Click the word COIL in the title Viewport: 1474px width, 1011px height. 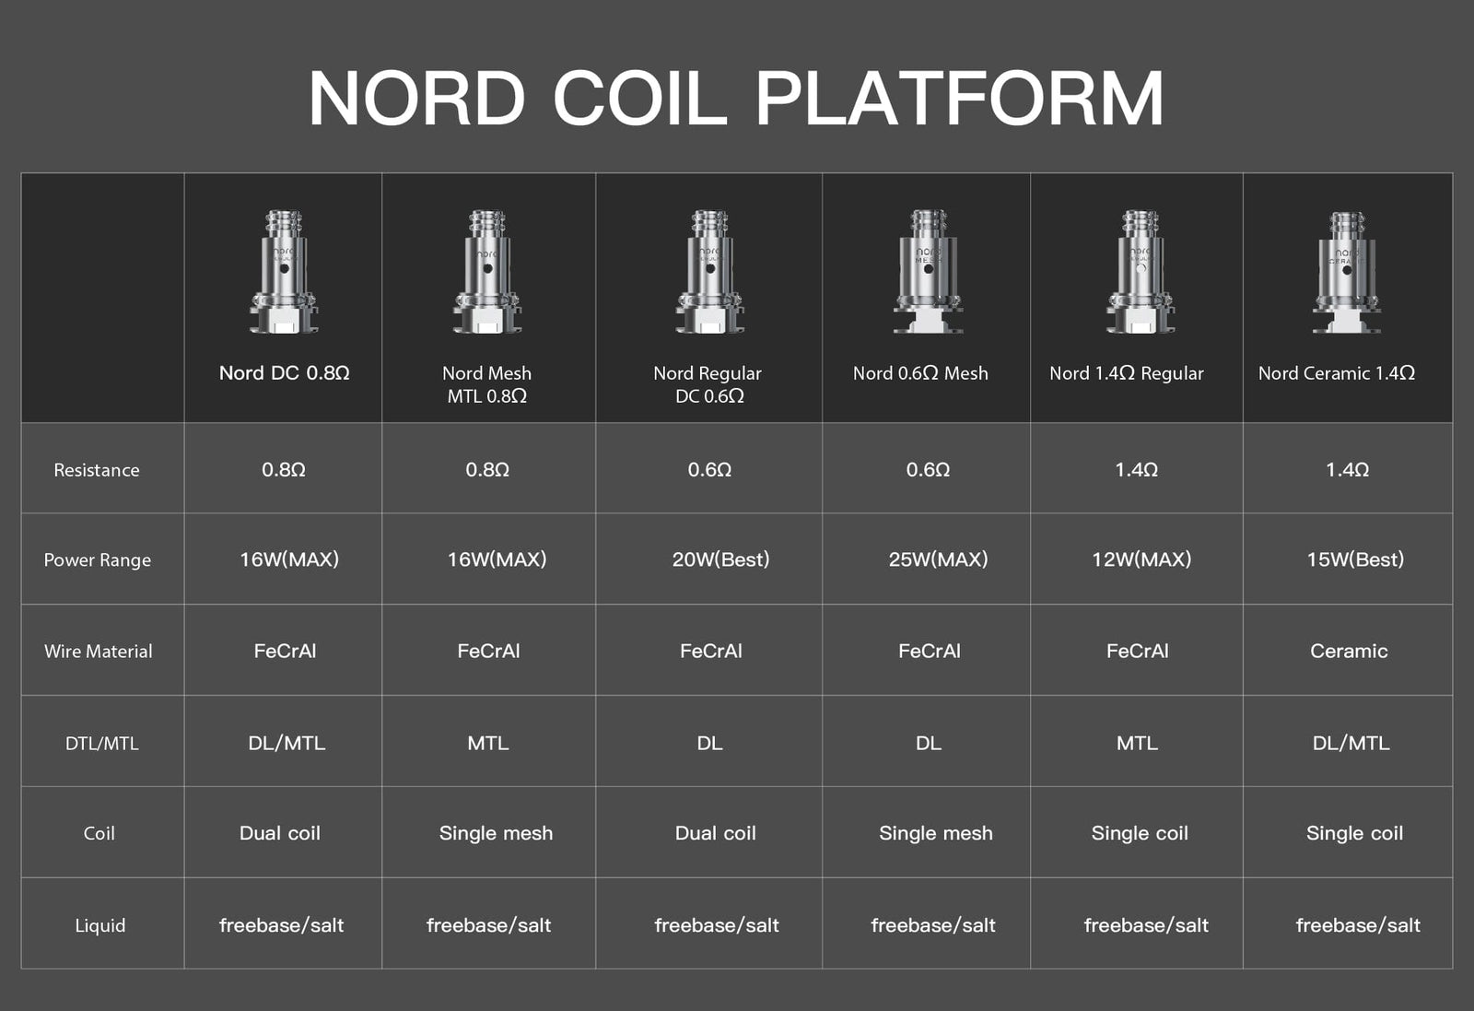(639, 98)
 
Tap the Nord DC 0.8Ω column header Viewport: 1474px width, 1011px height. (284, 373)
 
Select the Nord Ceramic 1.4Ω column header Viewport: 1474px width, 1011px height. (1336, 373)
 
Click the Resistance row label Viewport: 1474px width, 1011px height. (97, 470)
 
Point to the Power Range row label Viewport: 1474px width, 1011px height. (98, 560)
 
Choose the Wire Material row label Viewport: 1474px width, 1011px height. (99, 652)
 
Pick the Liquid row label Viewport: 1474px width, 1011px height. (99, 925)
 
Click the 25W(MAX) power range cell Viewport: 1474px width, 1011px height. (938, 559)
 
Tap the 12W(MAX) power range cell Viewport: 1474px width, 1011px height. (1141, 559)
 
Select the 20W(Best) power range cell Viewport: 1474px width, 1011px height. (720, 559)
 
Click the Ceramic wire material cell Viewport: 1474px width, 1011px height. (1349, 652)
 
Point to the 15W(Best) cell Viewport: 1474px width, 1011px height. (1355, 559)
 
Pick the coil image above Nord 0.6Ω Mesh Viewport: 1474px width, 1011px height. (928, 272)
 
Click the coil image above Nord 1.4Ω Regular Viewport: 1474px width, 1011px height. (1141, 272)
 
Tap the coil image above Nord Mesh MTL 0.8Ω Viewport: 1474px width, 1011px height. (487, 272)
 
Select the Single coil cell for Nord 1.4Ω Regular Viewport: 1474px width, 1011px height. (1140, 833)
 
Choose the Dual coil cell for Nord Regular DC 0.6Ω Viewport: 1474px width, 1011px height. (715, 833)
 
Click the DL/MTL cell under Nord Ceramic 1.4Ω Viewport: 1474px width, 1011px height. (1351, 743)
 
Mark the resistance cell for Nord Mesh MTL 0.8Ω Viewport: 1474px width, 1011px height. (487, 470)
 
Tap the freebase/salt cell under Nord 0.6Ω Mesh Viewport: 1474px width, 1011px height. (933, 925)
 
